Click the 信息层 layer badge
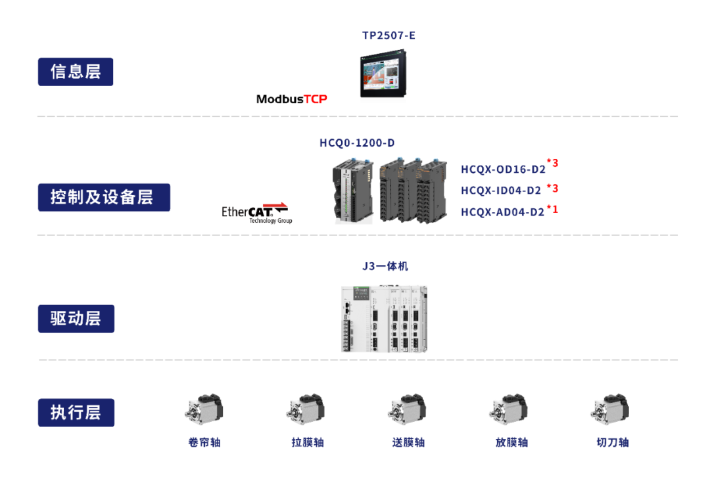76,72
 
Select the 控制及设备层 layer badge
104,196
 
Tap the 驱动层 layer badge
76,319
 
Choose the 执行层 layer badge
76,413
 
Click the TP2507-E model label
389,35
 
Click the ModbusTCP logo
291,99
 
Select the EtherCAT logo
256,212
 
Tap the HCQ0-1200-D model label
357,143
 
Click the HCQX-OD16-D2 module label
503,170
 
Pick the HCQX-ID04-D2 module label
501,191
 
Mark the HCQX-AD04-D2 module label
503,212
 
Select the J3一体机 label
385,266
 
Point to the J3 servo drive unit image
384,319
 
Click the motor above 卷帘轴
204,409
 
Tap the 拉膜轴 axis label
308,442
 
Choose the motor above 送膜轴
407,409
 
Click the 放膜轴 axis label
511,442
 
